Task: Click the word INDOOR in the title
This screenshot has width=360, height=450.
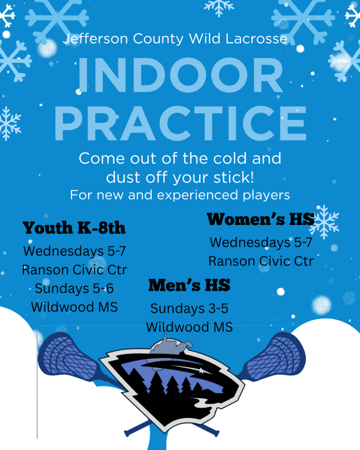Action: (x=180, y=75)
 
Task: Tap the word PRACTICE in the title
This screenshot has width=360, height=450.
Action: (x=180, y=123)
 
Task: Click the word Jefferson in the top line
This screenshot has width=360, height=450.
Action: (x=95, y=39)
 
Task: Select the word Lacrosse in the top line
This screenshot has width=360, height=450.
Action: (x=256, y=39)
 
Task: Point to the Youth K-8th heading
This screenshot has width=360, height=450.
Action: (x=74, y=228)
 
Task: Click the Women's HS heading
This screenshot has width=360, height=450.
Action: (x=261, y=219)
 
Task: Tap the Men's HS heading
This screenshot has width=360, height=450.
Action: (x=189, y=285)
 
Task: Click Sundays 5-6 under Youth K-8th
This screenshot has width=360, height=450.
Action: (x=74, y=288)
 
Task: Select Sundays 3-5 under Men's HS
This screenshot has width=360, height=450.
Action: (x=189, y=309)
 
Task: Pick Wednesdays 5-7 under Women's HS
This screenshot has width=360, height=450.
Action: (x=261, y=243)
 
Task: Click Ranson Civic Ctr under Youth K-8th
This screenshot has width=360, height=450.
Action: (x=74, y=270)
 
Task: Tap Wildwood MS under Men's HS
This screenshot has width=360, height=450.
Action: (x=189, y=327)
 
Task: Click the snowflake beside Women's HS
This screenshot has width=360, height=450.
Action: (x=324, y=222)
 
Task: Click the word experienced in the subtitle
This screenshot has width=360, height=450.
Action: (x=198, y=195)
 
